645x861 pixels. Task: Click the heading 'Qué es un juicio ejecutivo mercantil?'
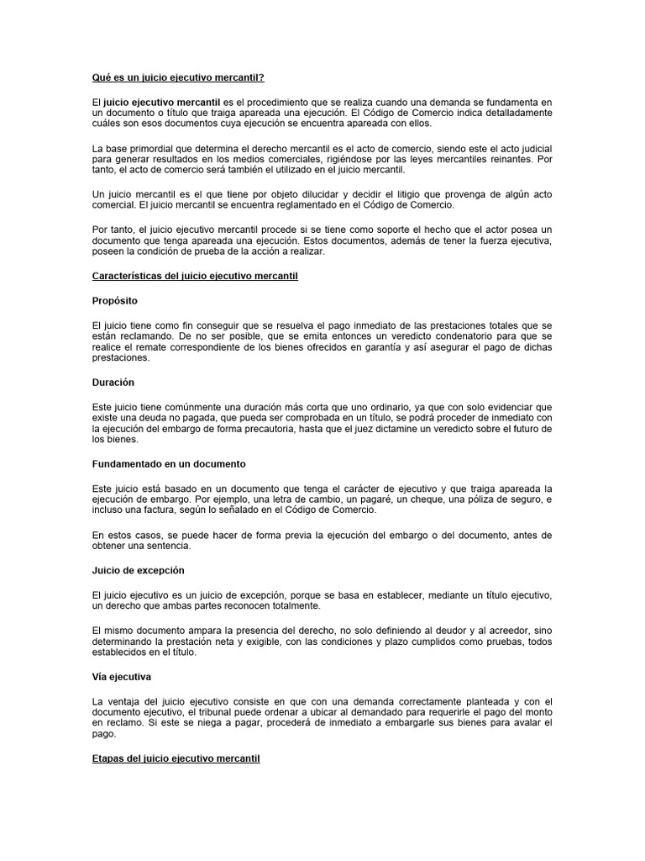click(x=178, y=77)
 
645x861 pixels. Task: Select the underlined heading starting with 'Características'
click(x=196, y=276)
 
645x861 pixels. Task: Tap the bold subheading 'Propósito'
click(x=116, y=299)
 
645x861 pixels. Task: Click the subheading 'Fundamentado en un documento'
click(x=169, y=463)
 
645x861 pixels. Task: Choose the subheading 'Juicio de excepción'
click(x=138, y=569)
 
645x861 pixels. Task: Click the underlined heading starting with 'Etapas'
click(x=176, y=758)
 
